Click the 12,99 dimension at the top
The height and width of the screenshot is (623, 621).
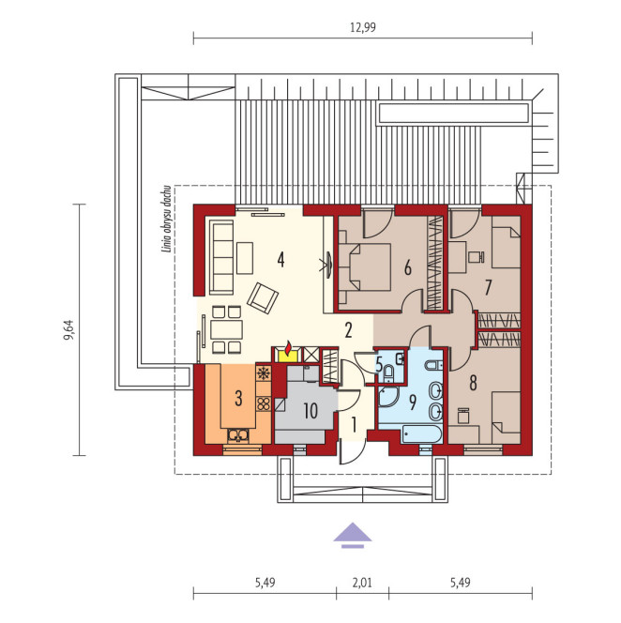click(x=363, y=27)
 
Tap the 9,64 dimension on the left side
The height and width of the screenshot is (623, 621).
click(x=69, y=330)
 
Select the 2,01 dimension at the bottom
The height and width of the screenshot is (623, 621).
click(x=362, y=583)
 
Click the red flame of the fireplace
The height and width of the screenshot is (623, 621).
click(x=288, y=348)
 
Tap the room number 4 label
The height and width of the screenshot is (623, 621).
click(x=280, y=260)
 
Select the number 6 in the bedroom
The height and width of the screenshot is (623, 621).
click(x=408, y=268)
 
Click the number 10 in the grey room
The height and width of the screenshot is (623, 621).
click(x=310, y=410)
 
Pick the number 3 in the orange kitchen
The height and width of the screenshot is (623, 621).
click(x=238, y=398)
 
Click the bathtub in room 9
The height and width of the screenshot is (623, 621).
click(x=421, y=434)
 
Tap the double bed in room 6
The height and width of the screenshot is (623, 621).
click(x=365, y=267)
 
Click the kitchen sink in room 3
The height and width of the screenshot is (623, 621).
click(x=238, y=436)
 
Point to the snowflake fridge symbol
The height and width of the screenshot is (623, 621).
click(x=264, y=373)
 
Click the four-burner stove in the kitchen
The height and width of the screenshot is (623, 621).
click(x=264, y=404)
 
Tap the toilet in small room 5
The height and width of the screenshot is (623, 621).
click(x=388, y=373)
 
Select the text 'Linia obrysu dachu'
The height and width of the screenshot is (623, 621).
click(x=167, y=219)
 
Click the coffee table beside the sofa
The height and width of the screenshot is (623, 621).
click(x=245, y=258)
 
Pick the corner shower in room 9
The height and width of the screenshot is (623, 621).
click(x=388, y=397)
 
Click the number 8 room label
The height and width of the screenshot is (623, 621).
click(x=473, y=383)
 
